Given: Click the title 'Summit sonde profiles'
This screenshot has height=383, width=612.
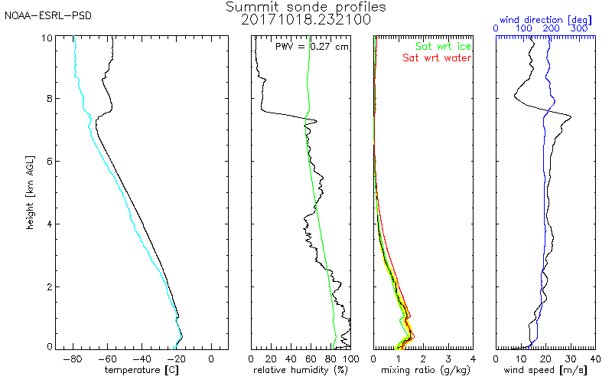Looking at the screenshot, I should [306, 7].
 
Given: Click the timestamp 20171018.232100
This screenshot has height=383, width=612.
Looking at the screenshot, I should [306, 19].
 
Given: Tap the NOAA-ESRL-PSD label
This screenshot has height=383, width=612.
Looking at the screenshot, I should [47, 15].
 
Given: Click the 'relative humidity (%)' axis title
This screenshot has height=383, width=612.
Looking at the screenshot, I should [301, 371].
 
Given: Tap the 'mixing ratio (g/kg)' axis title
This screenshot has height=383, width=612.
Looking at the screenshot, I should [422, 371].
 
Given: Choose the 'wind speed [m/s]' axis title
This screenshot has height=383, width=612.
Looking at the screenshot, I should [546, 371].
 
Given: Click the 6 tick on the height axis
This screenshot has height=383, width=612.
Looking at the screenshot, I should [49, 161].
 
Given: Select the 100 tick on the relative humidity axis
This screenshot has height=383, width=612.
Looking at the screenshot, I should [350, 358].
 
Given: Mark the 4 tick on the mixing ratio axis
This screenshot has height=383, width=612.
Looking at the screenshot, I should [473, 358].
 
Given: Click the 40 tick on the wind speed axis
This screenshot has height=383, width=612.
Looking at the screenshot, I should [595, 358].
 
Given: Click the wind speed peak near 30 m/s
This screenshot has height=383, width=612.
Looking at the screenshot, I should [571, 116].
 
